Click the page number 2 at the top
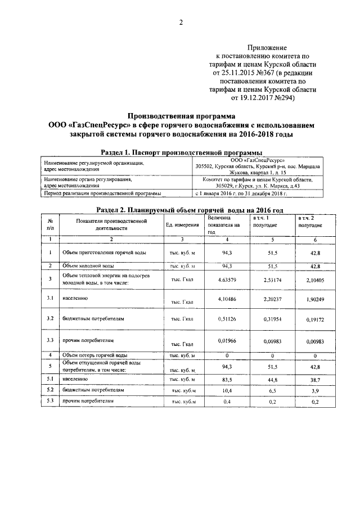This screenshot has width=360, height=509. click(181, 23)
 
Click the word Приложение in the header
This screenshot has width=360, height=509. click(267, 48)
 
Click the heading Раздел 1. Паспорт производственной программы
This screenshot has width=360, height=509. click(181, 152)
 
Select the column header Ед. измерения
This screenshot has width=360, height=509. click(182, 225)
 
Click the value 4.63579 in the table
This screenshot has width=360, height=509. click(227, 279)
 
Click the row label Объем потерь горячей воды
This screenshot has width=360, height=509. click(94, 355)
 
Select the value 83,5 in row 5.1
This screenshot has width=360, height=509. click(227, 380)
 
